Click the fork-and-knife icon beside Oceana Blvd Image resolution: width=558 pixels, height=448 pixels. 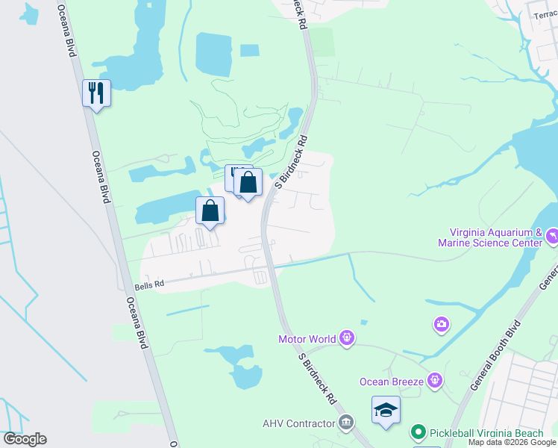(96, 93)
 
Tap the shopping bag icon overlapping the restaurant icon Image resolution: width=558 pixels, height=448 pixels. (248, 182)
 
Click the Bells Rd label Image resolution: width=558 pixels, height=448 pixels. (149, 286)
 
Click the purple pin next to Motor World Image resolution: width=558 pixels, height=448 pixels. (346, 339)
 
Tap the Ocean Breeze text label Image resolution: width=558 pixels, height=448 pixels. (392, 382)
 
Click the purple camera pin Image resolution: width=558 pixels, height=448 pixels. (442, 324)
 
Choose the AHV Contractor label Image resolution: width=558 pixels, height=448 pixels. (299, 424)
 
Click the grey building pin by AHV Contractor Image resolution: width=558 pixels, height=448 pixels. (346, 424)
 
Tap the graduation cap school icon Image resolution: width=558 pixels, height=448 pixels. (386, 410)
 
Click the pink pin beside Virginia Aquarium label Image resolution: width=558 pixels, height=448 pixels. (551, 236)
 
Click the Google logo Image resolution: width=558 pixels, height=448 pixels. (25, 439)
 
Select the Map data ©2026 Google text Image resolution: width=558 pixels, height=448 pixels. (512, 443)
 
